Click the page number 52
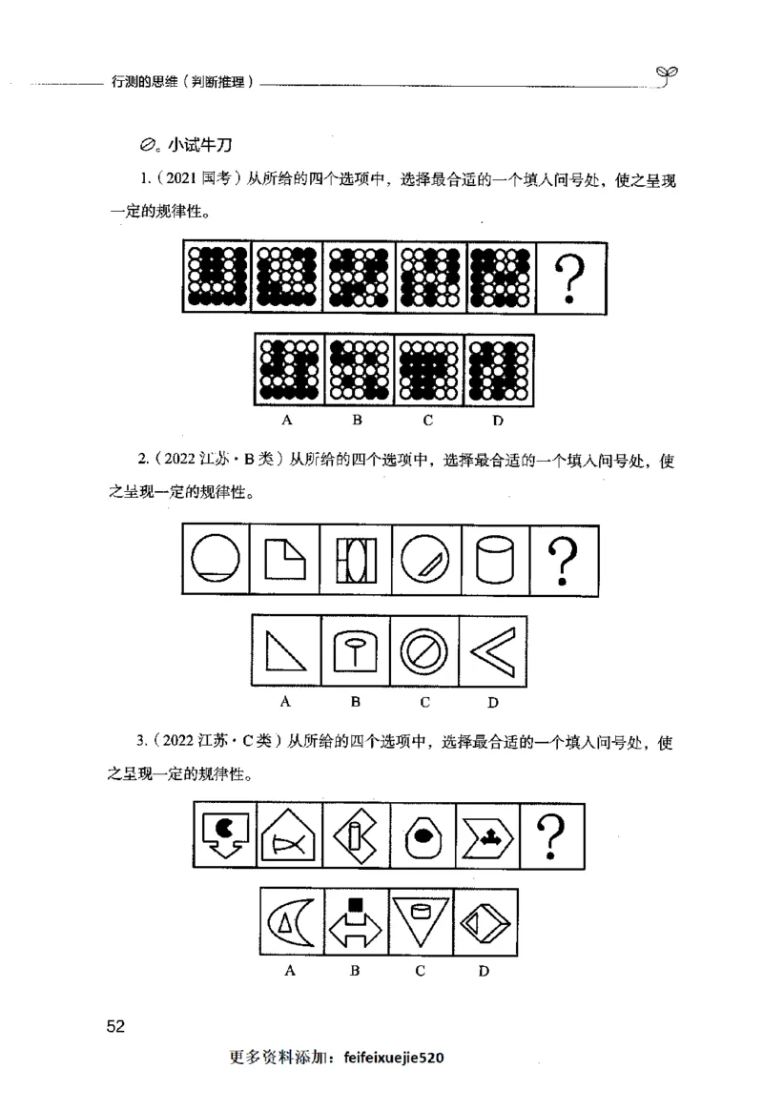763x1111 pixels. click(x=116, y=1026)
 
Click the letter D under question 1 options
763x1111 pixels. click(x=497, y=420)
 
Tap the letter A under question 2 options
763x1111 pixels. click(x=284, y=703)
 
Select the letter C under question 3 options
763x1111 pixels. click(x=420, y=972)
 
